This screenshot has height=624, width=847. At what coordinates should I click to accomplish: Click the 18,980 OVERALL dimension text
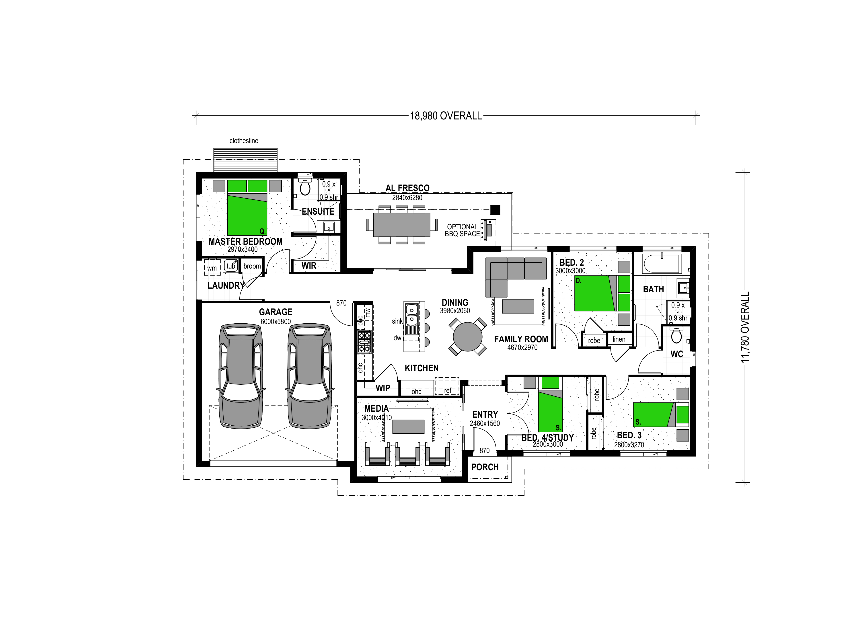(x=446, y=116)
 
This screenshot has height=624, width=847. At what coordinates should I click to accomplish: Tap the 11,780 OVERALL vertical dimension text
(x=744, y=327)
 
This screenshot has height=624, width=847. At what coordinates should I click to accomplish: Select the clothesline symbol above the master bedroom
(x=246, y=160)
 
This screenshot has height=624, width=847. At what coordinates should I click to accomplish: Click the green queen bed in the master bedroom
(x=247, y=208)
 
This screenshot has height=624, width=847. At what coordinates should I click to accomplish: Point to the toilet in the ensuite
(x=304, y=186)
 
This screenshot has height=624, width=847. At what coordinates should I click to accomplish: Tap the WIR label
(x=309, y=266)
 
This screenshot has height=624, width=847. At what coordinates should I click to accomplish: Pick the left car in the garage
(x=241, y=376)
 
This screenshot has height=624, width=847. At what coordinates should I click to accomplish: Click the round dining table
(x=468, y=337)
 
